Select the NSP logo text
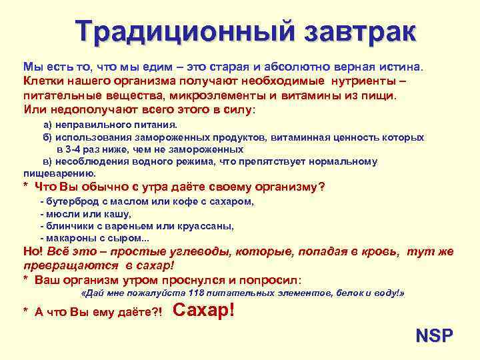[434, 335]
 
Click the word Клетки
[43, 81]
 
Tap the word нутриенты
[363, 81]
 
